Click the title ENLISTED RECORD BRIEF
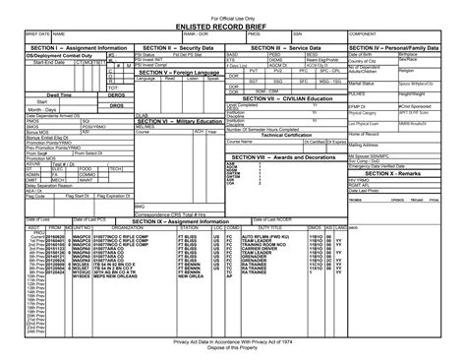point(233,24)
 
